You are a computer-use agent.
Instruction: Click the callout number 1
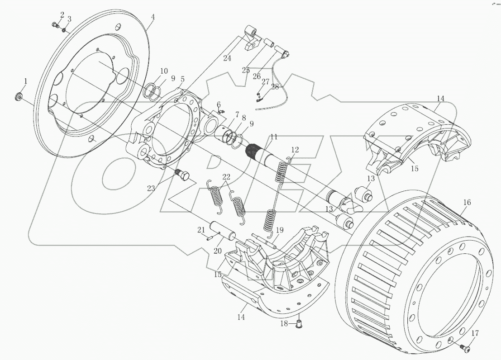click(x=26, y=81)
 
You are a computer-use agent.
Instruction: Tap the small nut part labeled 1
click(x=19, y=96)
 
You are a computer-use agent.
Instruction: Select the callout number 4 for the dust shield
click(x=153, y=17)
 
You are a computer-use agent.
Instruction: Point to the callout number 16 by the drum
click(x=467, y=203)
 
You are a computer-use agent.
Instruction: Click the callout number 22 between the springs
click(x=226, y=177)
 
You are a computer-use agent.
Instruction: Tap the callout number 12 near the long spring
click(x=295, y=150)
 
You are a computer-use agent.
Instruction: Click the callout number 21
click(x=201, y=230)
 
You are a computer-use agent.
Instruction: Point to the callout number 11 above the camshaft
click(x=274, y=136)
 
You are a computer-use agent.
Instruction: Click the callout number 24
click(x=227, y=58)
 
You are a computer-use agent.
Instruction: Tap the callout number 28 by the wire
click(x=275, y=87)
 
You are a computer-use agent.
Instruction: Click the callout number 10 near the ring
click(x=163, y=71)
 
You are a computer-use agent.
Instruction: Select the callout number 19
click(x=280, y=230)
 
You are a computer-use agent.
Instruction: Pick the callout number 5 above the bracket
click(x=182, y=79)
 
